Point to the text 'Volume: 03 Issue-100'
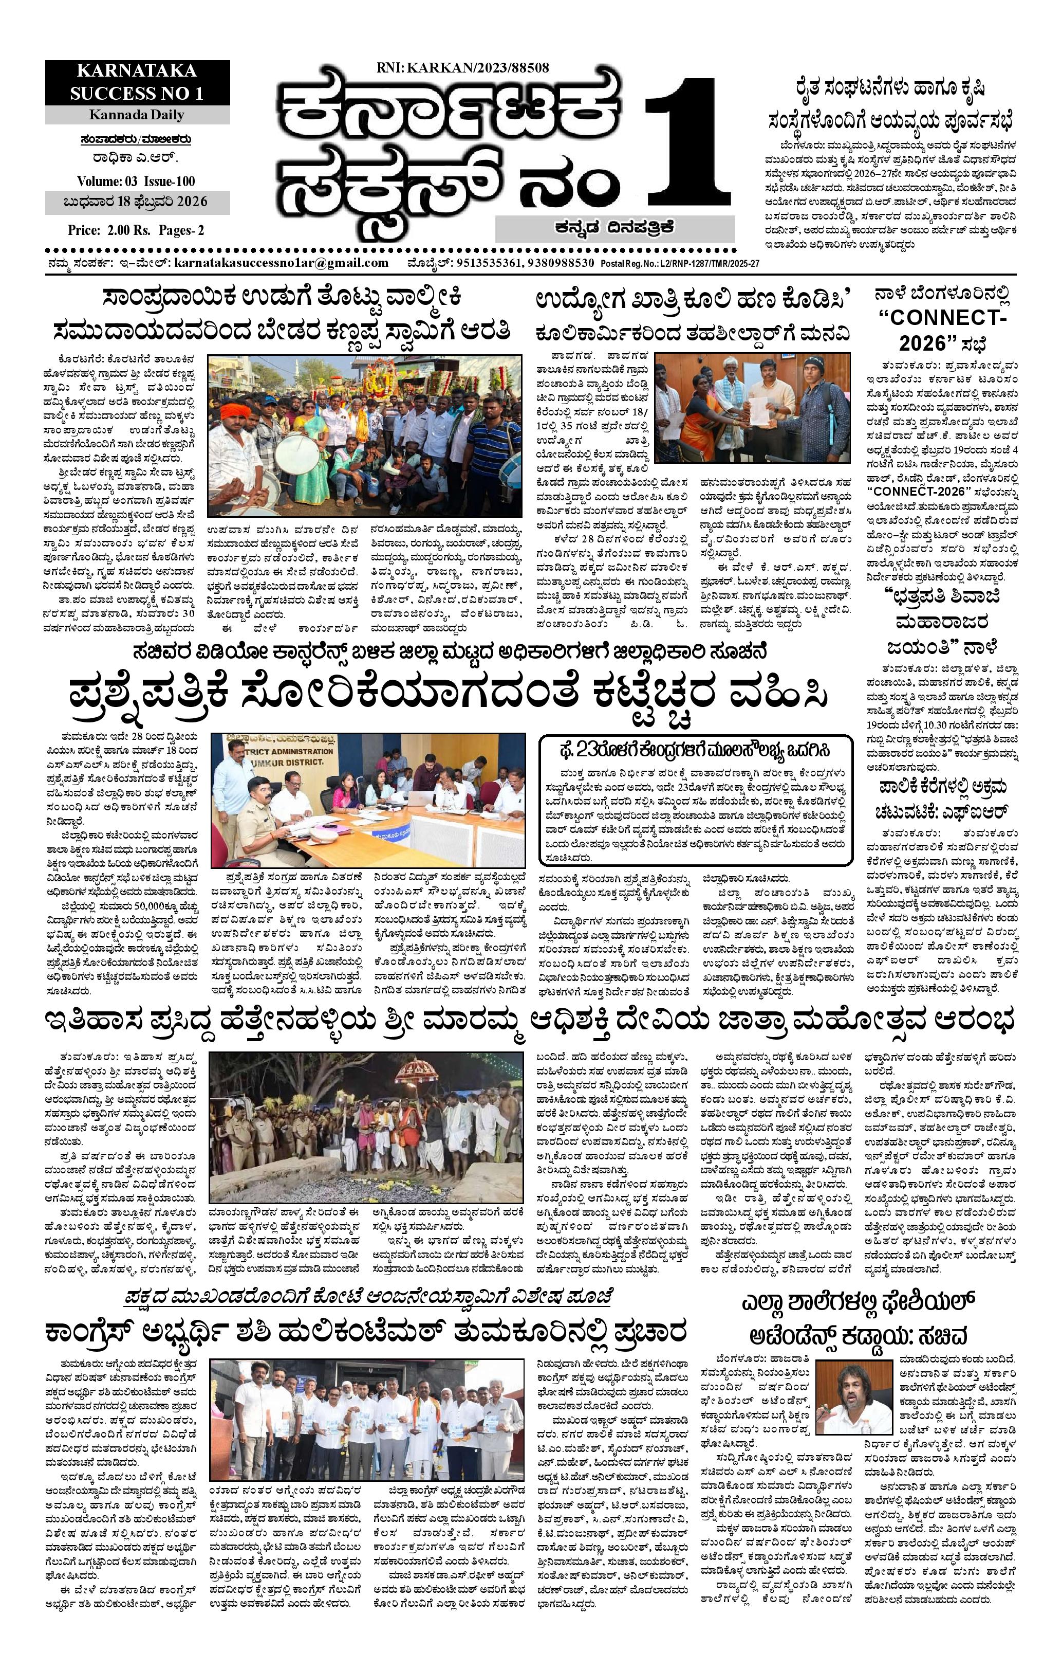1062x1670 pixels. point(137,183)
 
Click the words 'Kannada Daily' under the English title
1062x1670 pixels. point(137,115)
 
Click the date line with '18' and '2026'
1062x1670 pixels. point(137,203)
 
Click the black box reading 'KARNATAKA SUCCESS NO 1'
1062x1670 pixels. point(137,82)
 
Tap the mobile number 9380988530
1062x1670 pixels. point(561,263)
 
